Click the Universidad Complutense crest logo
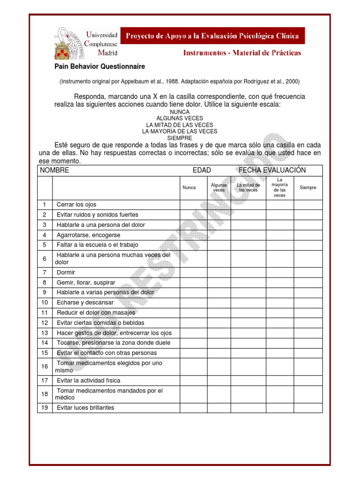[x=69, y=43]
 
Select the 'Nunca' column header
[x=189, y=187]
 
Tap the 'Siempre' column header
[x=308, y=187]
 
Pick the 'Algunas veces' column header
[x=219, y=187]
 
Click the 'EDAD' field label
[x=202, y=170]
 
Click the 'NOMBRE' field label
[x=54, y=170]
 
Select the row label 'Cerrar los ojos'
[x=76, y=204]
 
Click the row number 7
[x=45, y=272]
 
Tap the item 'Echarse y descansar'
[x=85, y=303]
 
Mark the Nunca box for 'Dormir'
[x=194, y=272]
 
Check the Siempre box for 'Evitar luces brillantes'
[x=308, y=408]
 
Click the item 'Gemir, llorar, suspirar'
[x=86, y=283]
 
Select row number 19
[x=45, y=408]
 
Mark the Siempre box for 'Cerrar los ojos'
[x=308, y=204]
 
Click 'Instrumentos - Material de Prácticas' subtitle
[x=242, y=53]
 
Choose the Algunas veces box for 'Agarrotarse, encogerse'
[x=219, y=235]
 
